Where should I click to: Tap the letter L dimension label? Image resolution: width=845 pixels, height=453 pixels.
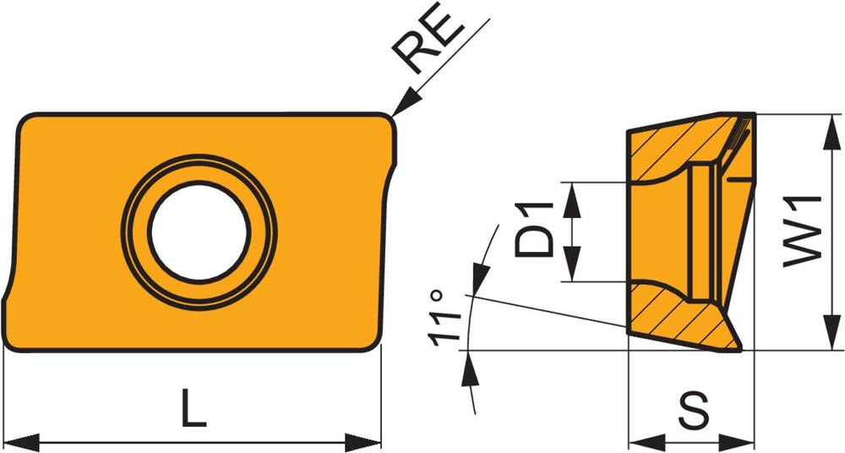tap(193, 408)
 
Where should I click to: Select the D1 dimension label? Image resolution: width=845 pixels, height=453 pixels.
tap(534, 229)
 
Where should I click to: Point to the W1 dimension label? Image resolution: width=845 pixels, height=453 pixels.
tap(802, 232)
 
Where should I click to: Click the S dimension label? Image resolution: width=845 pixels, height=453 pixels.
tap(692, 412)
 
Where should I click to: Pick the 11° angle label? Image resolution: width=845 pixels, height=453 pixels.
tap(445, 318)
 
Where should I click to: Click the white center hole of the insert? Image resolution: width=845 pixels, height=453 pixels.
tap(199, 232)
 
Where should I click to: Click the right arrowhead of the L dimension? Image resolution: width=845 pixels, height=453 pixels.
tap(363, 442)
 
